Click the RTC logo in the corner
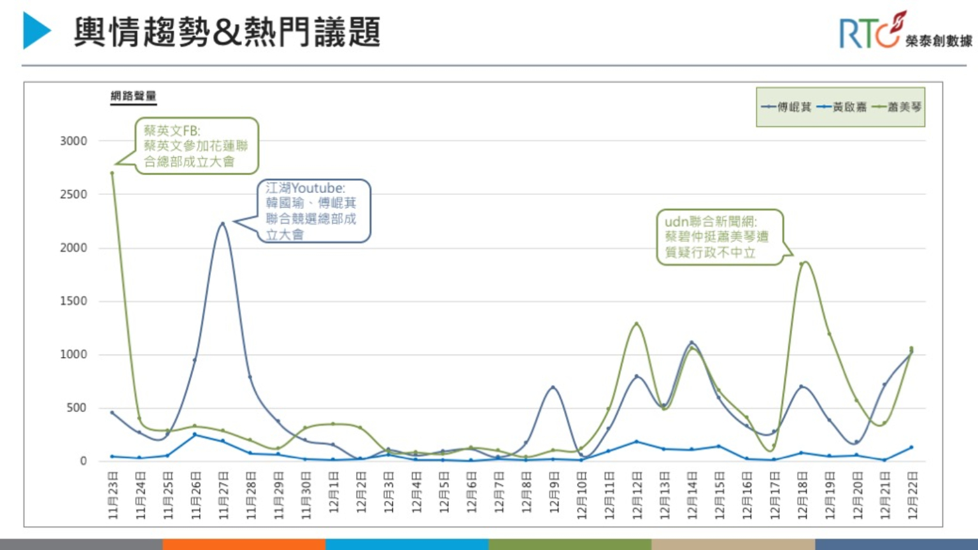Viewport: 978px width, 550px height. tap(905, 31)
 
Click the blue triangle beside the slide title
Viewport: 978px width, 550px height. tap(36, 31)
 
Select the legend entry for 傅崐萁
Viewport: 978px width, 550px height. tap(786, 107)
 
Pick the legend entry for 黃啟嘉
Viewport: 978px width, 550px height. tap(842, 107)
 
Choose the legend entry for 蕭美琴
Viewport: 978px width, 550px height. tap(897, 107)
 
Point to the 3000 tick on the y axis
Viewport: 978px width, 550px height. tap(73, 141)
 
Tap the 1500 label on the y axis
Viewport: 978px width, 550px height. tap(73, 301)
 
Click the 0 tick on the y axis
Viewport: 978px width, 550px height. tap(83, 461)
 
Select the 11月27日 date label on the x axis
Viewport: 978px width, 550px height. tap(223, 495)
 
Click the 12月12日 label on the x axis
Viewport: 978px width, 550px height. tap(637, 495)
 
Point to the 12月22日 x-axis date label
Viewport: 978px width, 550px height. tap(912, 495)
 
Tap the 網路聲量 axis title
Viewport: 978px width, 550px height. tap(133, 96)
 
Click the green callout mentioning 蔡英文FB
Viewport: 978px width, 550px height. tap(195, 146)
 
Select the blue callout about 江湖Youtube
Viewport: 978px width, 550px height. tap(313, 211)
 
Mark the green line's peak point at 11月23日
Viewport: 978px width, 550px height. tap(112, 173)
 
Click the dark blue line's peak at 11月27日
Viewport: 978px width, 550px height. tap(222, 223)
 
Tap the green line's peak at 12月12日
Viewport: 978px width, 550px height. tap(636, 324)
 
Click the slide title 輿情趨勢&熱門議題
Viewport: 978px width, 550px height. tap(227, 32)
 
